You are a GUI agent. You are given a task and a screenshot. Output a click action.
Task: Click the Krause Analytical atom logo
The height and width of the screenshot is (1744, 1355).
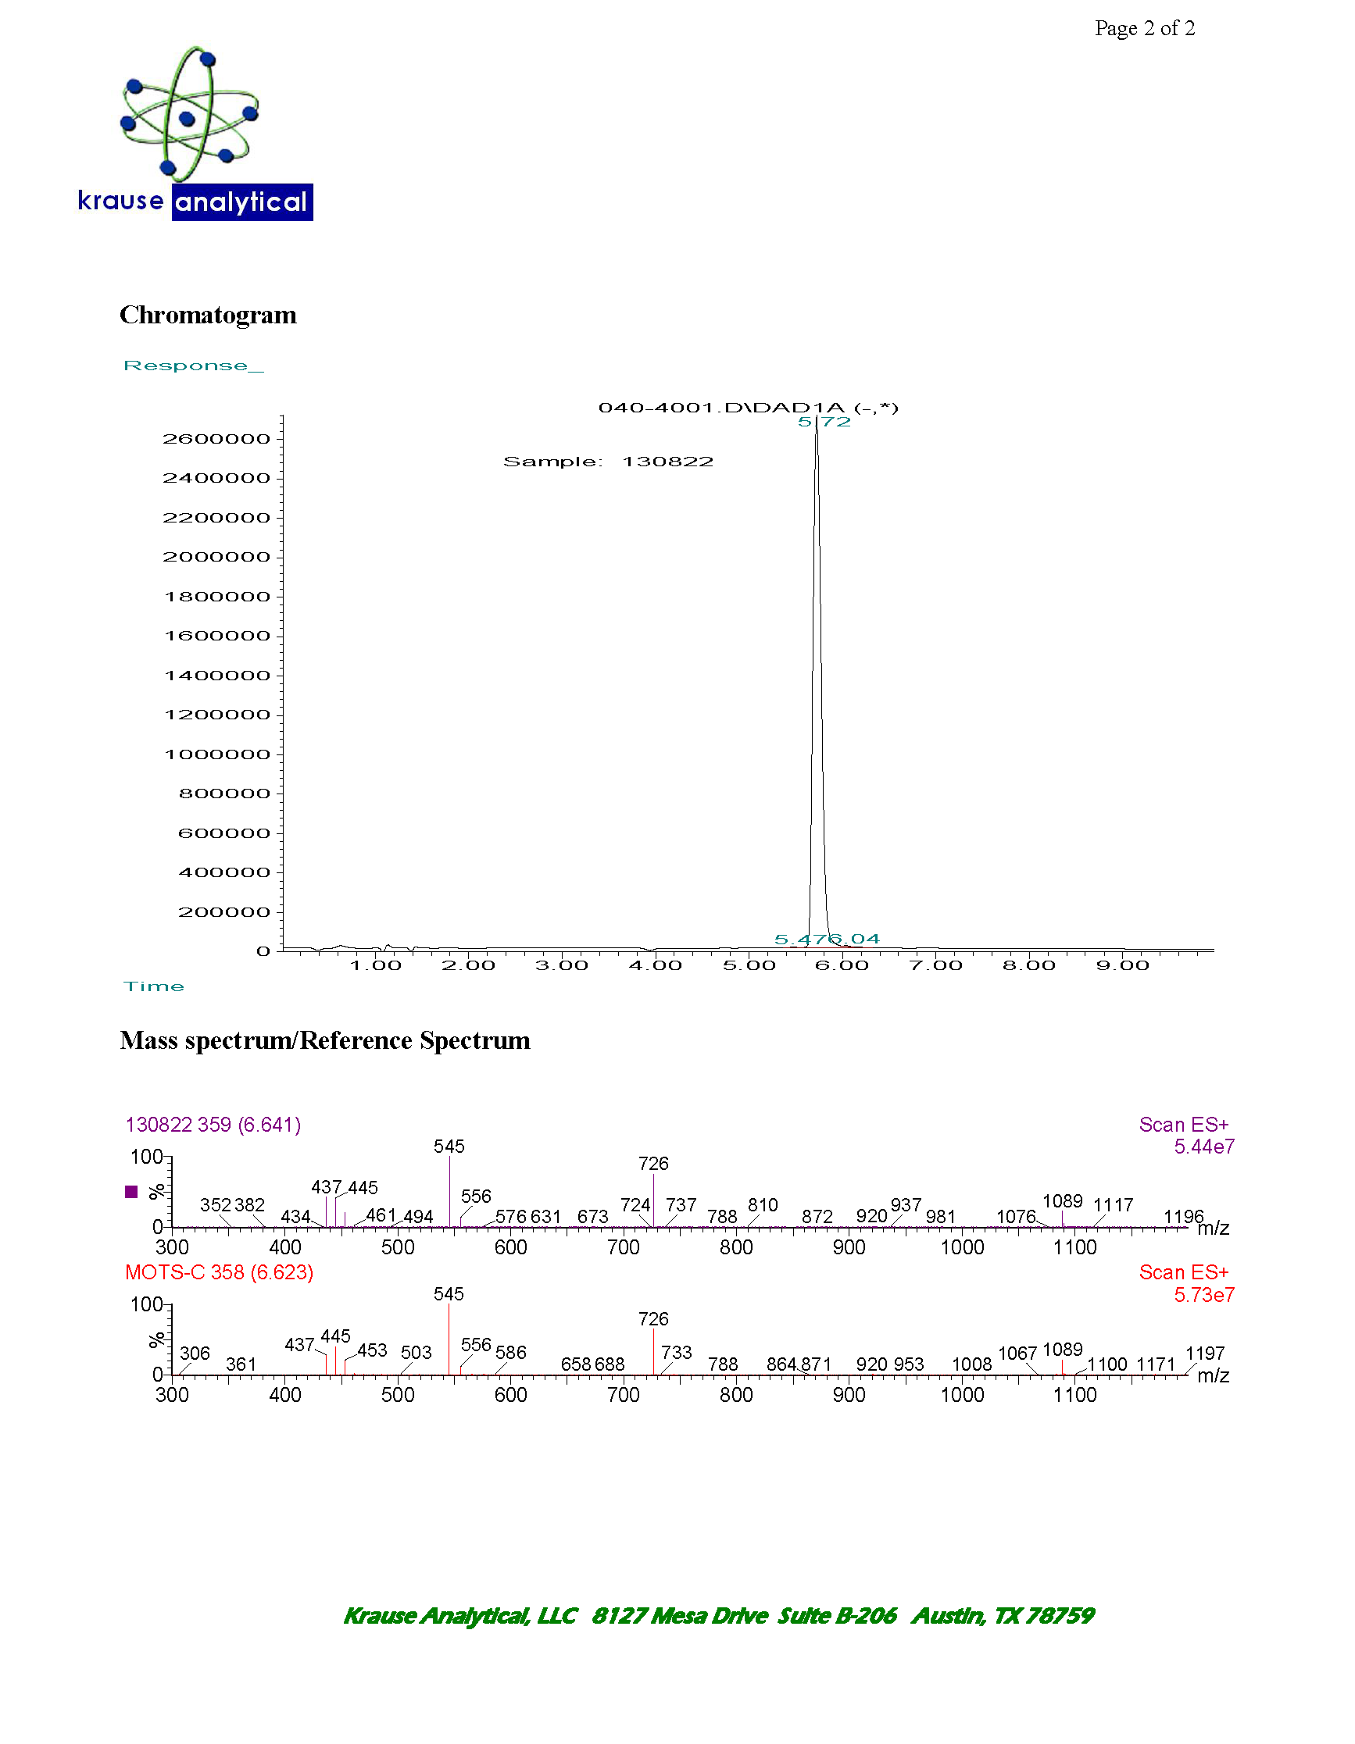pyautogui.click(x=188, y=113)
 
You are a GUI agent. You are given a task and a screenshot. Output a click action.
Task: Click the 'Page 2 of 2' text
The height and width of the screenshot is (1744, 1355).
pyautogui.click(x=1144, y=29)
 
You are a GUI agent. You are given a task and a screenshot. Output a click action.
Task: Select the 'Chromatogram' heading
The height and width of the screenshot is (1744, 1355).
pyautogui.click(x=208, y=315)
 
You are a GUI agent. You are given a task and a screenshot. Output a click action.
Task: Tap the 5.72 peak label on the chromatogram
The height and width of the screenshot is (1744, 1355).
pyautogui.click(x=824, y=422)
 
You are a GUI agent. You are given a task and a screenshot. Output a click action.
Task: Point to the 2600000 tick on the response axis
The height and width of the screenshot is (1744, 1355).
pyautogui.click(x=216, y=438)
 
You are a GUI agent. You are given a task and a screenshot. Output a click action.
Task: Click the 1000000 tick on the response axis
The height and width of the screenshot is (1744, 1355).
pyautogui.click(x=217, y=754)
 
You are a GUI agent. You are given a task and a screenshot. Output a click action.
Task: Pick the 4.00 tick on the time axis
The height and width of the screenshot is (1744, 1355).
pyautogui.click(x=654, y=965)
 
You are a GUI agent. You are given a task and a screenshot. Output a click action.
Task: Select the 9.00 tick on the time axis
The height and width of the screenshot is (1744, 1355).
pyautogui.click(x=1121, y=965)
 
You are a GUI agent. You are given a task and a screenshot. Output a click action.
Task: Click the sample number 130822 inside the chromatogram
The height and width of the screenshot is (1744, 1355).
pyautogui.click(x=667, y=462)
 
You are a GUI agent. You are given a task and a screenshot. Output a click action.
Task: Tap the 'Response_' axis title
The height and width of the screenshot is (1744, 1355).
pyautogui.click(x=192, y=366)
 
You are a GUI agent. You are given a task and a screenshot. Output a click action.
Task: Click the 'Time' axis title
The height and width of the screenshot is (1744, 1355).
pyautogui.click(x=153, y=986)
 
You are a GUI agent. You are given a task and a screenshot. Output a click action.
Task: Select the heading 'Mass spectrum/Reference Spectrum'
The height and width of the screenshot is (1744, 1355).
pyautogui.click(x=324, y=1040)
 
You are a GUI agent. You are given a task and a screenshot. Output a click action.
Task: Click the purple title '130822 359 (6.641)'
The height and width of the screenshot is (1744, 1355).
pyautogui.click(x=213, y=1125)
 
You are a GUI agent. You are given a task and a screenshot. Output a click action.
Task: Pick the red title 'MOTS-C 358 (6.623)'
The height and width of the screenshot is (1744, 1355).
pyautogui.click(x=218, y=1272)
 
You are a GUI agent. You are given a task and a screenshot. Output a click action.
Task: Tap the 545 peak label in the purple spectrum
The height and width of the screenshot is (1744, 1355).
pyautogui.click(x=449, y=1147)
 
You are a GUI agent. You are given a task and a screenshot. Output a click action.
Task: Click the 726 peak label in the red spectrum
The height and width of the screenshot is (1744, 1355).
pyautogui.click(x=652, y=1319)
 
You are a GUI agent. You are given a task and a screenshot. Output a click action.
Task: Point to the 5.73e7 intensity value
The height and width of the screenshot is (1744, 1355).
pyautogui.click(x=1203, y=1294)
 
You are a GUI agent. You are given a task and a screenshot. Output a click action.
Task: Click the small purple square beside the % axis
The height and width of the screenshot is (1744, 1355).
pyautogui.click(x=132, y=1192)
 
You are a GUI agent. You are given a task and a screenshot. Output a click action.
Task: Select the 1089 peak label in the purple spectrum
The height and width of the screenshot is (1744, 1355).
pyautogui.click(x=1062, y=1201)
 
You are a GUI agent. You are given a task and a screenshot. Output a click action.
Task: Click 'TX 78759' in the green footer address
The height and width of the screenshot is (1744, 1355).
pyautogui.click(x=1043, y=1615)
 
